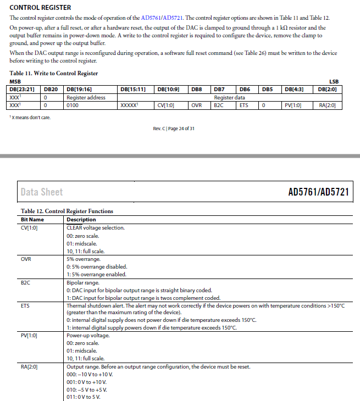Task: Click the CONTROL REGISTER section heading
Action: (40, 8)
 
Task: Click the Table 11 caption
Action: (54, 73)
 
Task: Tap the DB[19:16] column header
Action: (79, 89)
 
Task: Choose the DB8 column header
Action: (196, 89)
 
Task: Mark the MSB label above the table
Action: (16, 81)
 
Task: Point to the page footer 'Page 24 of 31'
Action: (174, 129)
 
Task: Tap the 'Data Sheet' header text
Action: (42, 192)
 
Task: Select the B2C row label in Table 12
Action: (26, 283)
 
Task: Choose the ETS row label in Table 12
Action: (25, 305)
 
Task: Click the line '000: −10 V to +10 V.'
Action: (87, 374)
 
